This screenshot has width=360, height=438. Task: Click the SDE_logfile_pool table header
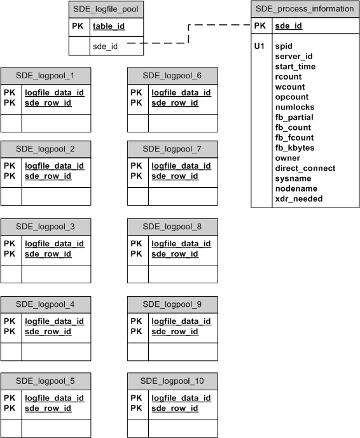(106, 10)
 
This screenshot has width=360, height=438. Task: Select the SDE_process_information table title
(304, 9)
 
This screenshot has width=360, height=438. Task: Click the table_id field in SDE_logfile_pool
(109, 27)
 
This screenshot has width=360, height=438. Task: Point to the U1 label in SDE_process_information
(259, 46)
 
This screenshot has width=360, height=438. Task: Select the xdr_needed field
(298, 199)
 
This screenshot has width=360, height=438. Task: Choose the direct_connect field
(305, 168)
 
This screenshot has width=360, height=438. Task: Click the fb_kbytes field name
(294, 148)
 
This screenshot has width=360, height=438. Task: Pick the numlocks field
(294, 107)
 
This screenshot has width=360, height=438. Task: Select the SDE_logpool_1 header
(45, 75)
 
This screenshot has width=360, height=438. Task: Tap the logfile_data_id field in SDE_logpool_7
(181, 166)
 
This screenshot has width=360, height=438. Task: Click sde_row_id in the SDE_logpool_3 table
(48, 254)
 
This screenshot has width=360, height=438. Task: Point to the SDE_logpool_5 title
(45, 381)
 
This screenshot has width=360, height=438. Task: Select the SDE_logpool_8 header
(172, 226)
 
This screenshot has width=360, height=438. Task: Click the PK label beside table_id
(77, 27)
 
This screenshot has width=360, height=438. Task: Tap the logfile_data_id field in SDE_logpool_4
(54, 321)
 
